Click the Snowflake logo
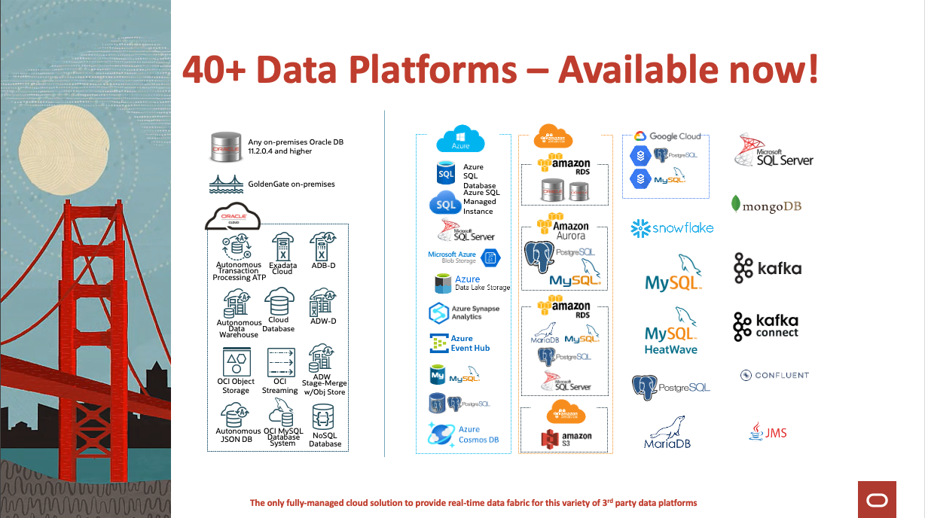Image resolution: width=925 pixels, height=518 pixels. coord(672,227)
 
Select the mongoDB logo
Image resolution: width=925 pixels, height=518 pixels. coord(766,204)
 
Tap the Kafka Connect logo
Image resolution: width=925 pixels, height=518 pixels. coord(766,326)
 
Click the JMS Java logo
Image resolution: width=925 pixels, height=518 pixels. coord(768,432)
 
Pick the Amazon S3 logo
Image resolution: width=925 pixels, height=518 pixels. coord(566,439)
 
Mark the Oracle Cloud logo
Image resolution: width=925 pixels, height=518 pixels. coord(233,218)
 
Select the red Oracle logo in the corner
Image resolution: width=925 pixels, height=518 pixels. coord(877,499)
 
